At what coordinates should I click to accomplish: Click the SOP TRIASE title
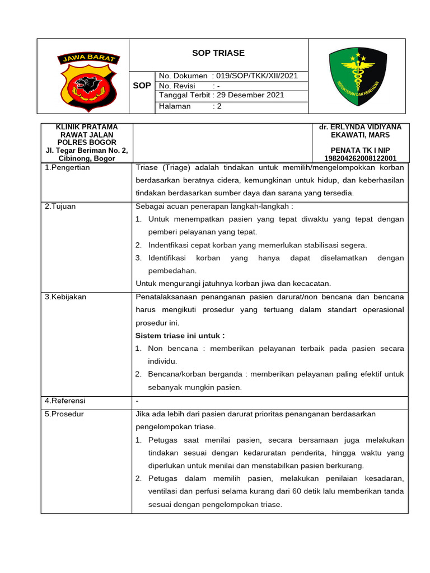coord(218,53)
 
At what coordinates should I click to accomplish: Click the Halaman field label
coord(175,106)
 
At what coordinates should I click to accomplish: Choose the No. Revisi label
coord(177,86)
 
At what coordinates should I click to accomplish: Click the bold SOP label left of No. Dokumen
coord(142,86)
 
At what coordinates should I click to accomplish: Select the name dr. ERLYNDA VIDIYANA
coord(360,127)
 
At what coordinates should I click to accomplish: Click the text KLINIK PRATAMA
coord(87,127)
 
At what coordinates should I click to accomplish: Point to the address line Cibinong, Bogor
coord(87,158)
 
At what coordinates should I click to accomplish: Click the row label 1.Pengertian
coord(67,167)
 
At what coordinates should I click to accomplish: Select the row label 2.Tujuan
coord(60,206)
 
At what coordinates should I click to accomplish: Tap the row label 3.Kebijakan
coord(65,297)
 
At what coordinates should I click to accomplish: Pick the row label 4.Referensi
coord(65,401)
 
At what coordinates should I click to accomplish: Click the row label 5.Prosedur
coord(64,414)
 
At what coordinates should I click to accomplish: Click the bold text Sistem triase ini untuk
coord(180,336)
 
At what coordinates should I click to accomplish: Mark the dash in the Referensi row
coord(137,401)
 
